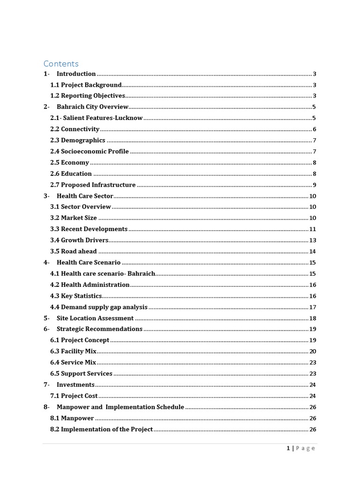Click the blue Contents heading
click(x=61, y=64)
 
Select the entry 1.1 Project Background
click(x=86, y=85)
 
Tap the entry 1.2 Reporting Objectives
click(x=88, y=96)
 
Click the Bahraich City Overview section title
click(x=92, y=107)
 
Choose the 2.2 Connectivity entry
click(x=75, y=129)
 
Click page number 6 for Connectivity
click(x=315, y=129)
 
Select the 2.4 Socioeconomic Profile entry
click(x=89, y=151)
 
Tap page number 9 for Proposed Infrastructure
click(x=315, y=185)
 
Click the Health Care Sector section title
click(x=85, y=196)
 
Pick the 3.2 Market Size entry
click(x=74, y=218)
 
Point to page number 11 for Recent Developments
click(x=313, y=229)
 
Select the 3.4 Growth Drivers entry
click(x=79, y=240)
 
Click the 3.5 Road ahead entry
click(x=74, y=251)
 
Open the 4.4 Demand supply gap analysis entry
click(x=99, y=307)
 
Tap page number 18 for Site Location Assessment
click(x=313, y=318)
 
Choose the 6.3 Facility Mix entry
click(x=73, y=351)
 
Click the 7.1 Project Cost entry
click(x=74, y=396)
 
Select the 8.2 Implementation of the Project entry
click(x=101, y=429)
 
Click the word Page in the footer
click(x=306, y=448)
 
